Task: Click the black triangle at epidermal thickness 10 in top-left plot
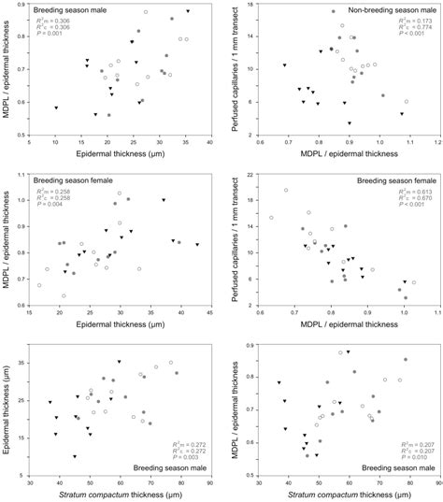click(x=56, y=108)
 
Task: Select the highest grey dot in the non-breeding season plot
click(x=334, y=12)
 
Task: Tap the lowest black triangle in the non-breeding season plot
click(x=350, y=122)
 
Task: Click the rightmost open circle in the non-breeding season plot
click(x=407, y=102)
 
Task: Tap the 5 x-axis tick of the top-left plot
click(x=30, y=144)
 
